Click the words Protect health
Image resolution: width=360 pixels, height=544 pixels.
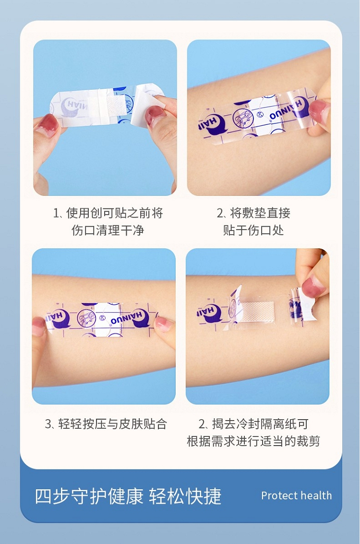click(x=296, y=496)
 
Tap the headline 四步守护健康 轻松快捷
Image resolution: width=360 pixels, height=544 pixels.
click(x=128, y=496)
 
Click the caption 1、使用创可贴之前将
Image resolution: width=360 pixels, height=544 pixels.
click(x=108, y=213)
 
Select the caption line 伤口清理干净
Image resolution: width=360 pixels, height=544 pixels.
click(x=108, y=230)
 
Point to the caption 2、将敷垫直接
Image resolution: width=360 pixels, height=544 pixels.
click(x=253, y=213)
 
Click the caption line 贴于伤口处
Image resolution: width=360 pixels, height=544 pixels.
click(x=253, y=230)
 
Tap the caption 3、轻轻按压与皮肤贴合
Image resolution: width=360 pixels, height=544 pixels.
click(x=106, y=424)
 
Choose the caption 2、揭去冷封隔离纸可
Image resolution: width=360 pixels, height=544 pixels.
click(x=253, y=424)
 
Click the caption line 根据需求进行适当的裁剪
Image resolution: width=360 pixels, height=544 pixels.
click(x=253, y=441)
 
